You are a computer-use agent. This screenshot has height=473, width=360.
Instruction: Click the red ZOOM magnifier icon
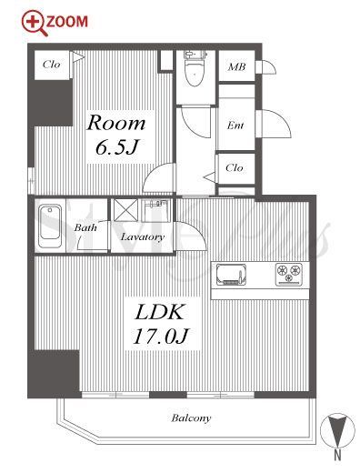35,23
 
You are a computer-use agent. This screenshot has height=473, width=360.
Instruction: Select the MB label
236,66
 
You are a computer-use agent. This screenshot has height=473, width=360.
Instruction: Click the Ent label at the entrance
235,126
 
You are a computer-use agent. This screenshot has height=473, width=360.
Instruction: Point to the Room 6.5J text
116,135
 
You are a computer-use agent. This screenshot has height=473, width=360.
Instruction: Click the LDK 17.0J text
161,324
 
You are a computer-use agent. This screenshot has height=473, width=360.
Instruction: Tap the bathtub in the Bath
50,225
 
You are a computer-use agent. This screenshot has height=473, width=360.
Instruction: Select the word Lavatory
143,236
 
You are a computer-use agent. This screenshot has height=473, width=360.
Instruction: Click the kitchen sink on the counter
231,275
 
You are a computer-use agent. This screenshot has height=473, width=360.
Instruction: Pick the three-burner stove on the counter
289,275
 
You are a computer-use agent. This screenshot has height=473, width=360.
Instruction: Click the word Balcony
191,418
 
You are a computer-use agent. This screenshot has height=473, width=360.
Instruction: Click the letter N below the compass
337,456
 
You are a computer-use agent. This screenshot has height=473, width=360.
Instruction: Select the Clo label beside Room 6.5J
51,65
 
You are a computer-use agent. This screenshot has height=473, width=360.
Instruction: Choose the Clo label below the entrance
235,167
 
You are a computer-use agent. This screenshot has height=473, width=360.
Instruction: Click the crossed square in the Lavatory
126,210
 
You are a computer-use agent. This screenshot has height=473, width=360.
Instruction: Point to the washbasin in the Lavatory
155,211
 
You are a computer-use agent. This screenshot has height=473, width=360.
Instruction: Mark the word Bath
85,227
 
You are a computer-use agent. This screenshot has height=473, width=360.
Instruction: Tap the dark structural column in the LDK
54,374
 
